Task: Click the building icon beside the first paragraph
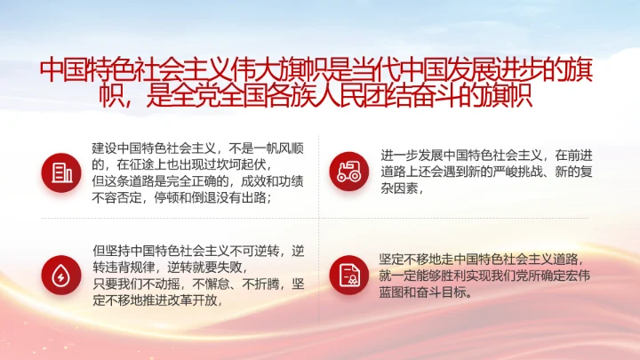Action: coord(60,172)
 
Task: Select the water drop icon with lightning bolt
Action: coord(60,275)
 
